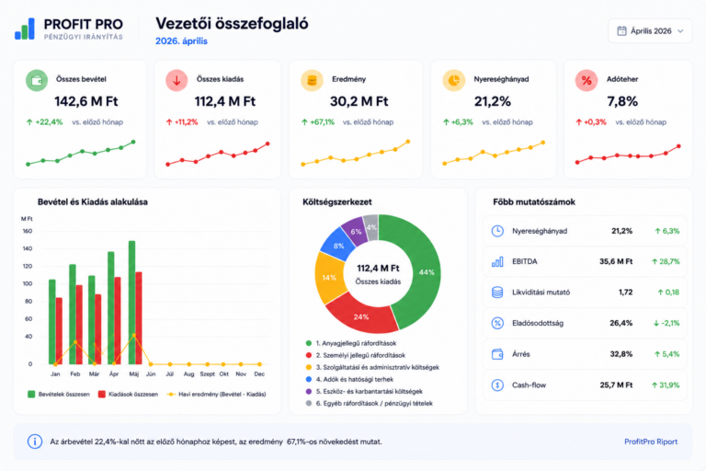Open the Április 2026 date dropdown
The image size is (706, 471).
pos(650,31)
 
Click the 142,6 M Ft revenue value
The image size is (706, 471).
pos(86,101)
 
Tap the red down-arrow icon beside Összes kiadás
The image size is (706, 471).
pos(176,81)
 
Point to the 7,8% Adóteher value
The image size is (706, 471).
pos(622,101)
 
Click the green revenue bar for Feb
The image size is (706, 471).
pos(73,314)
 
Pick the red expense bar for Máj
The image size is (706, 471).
pos(139,318)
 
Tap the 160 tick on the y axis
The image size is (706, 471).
pos(28,231)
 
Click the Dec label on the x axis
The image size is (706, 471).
pos(259,374)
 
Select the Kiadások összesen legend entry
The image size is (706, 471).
pos(129,395)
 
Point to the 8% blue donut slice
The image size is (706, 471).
pos(338,246)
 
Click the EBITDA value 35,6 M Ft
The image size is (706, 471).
pos(616,261)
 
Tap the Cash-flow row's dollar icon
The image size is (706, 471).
pos(497,385)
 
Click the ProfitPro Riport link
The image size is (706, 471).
pos(651,442)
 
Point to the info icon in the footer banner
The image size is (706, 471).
pos(35,442)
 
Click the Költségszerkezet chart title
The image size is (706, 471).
pos(337,201)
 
